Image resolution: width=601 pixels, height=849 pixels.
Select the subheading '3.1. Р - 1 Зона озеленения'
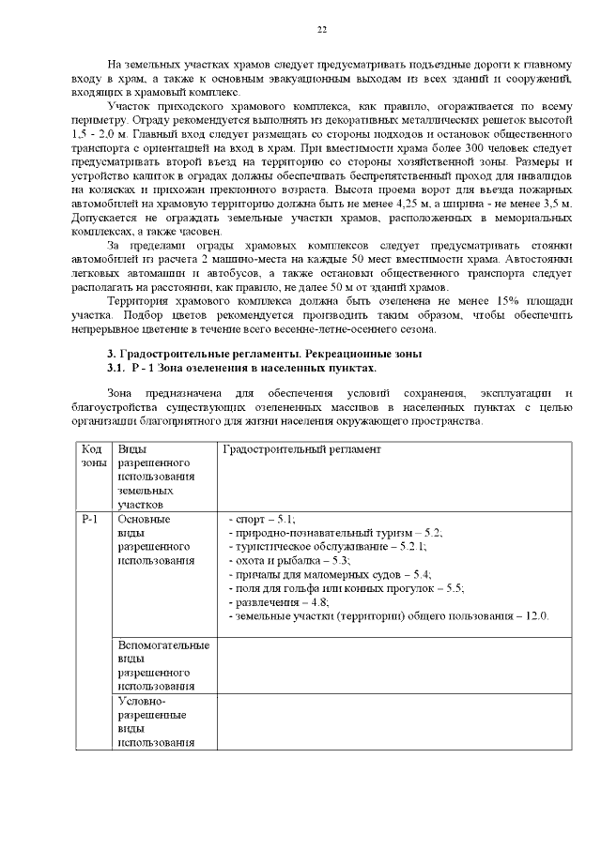point(241,368)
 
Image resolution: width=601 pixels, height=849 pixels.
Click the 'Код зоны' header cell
point(92,457)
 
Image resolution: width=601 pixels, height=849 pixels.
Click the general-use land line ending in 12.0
point(389,616)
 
